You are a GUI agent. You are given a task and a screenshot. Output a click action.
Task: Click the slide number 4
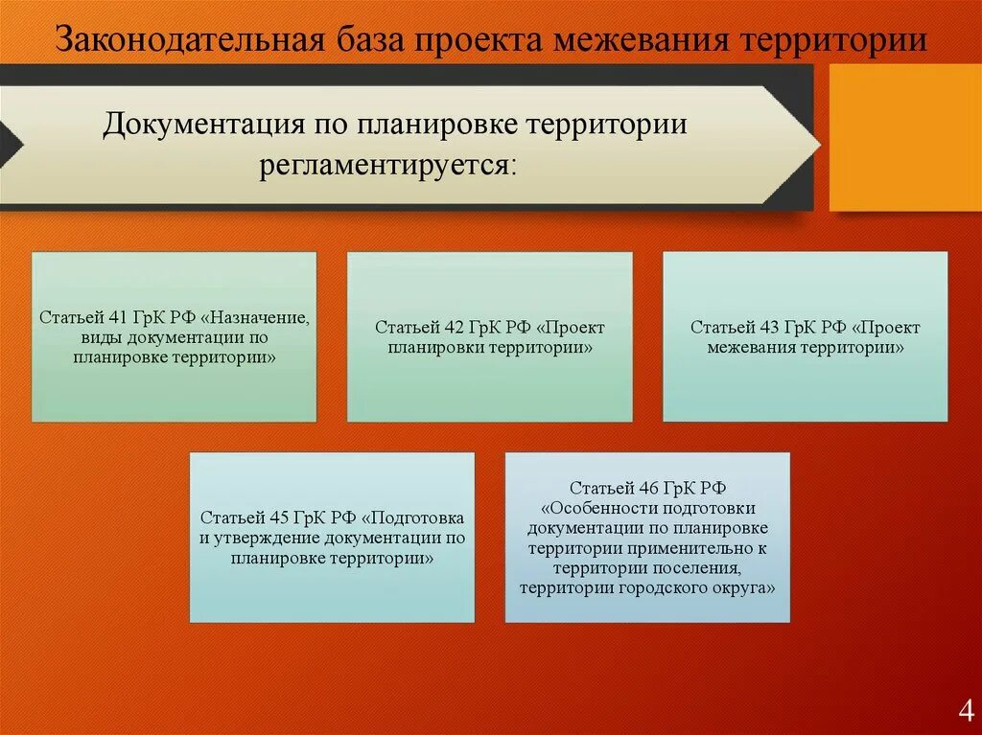pos(966,712)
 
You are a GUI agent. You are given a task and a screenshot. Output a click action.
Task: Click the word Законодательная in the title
pos(191,40)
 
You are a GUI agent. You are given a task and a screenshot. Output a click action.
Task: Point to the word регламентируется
pos(388,167)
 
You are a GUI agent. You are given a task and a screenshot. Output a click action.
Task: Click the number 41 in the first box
pos(117,317)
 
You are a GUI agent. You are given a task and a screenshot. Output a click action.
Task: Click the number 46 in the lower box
pos(648,488)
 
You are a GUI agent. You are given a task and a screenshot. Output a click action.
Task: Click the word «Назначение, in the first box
pos(255,318)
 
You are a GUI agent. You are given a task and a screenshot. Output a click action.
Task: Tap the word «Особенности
pos(593,508)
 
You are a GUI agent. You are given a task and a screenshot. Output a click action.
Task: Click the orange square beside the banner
pos(905,137)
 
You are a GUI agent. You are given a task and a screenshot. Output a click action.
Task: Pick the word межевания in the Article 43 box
pos(753,348)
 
